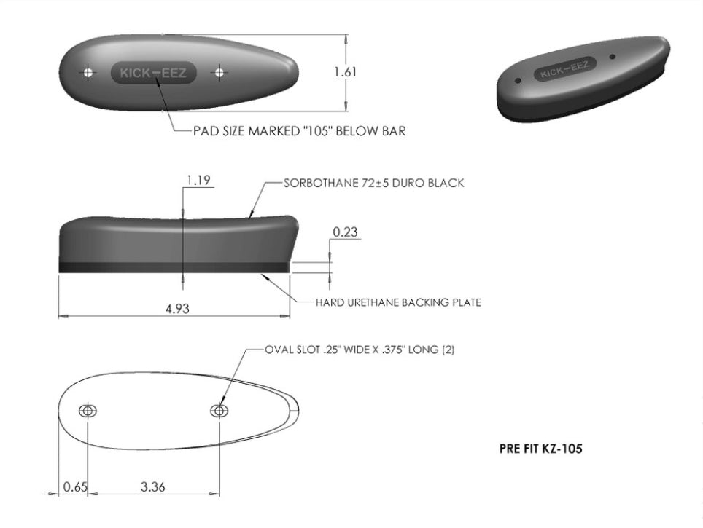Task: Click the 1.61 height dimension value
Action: click(x=345, y=72)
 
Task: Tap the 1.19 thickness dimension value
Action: click(x=198, y=180)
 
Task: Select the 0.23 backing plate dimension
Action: click(x=345, y=232)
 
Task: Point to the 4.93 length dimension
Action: click(x=177, y=308)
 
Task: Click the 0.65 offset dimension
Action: click(x=75, y=486)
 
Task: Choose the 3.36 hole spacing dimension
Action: click(x=153, y=486)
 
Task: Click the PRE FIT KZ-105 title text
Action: click(x=540, y=449)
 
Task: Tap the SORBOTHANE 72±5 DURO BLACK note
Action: click(x=374, y=183)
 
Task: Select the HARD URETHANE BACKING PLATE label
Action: click(x=398, y=302)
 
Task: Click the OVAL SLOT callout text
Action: click(x=360, y=350)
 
